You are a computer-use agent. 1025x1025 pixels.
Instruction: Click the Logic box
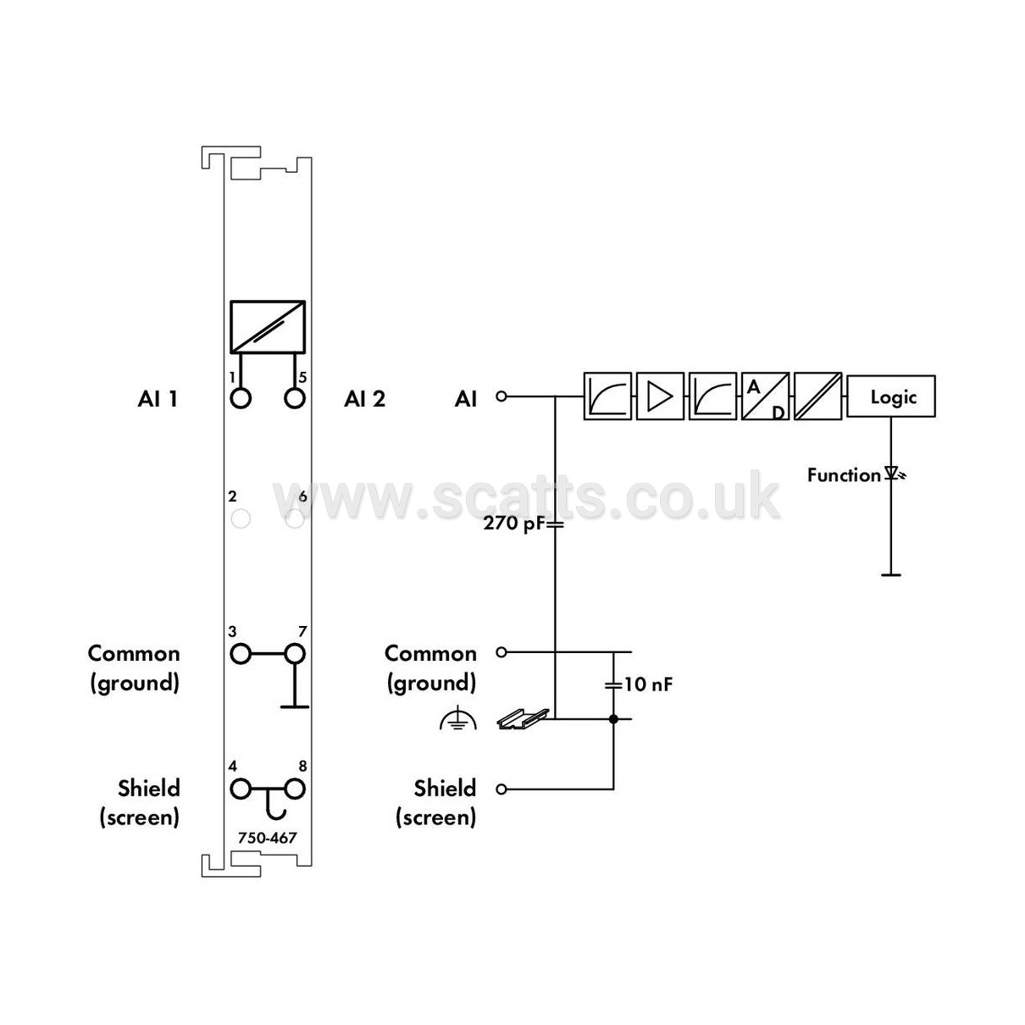click(890, 396)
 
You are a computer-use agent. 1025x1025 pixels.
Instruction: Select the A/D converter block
click(765, 396)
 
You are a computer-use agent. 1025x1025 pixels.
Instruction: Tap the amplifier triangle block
click(660, 396)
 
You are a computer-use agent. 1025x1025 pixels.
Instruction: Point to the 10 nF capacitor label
click(647, 684)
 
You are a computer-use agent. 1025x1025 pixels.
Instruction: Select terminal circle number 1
click(241, 398)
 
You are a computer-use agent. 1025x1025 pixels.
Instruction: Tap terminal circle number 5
click(294, 398)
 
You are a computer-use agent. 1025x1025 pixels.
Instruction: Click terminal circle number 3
click(241, 653)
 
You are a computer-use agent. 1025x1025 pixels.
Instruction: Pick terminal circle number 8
click(294, 789)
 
